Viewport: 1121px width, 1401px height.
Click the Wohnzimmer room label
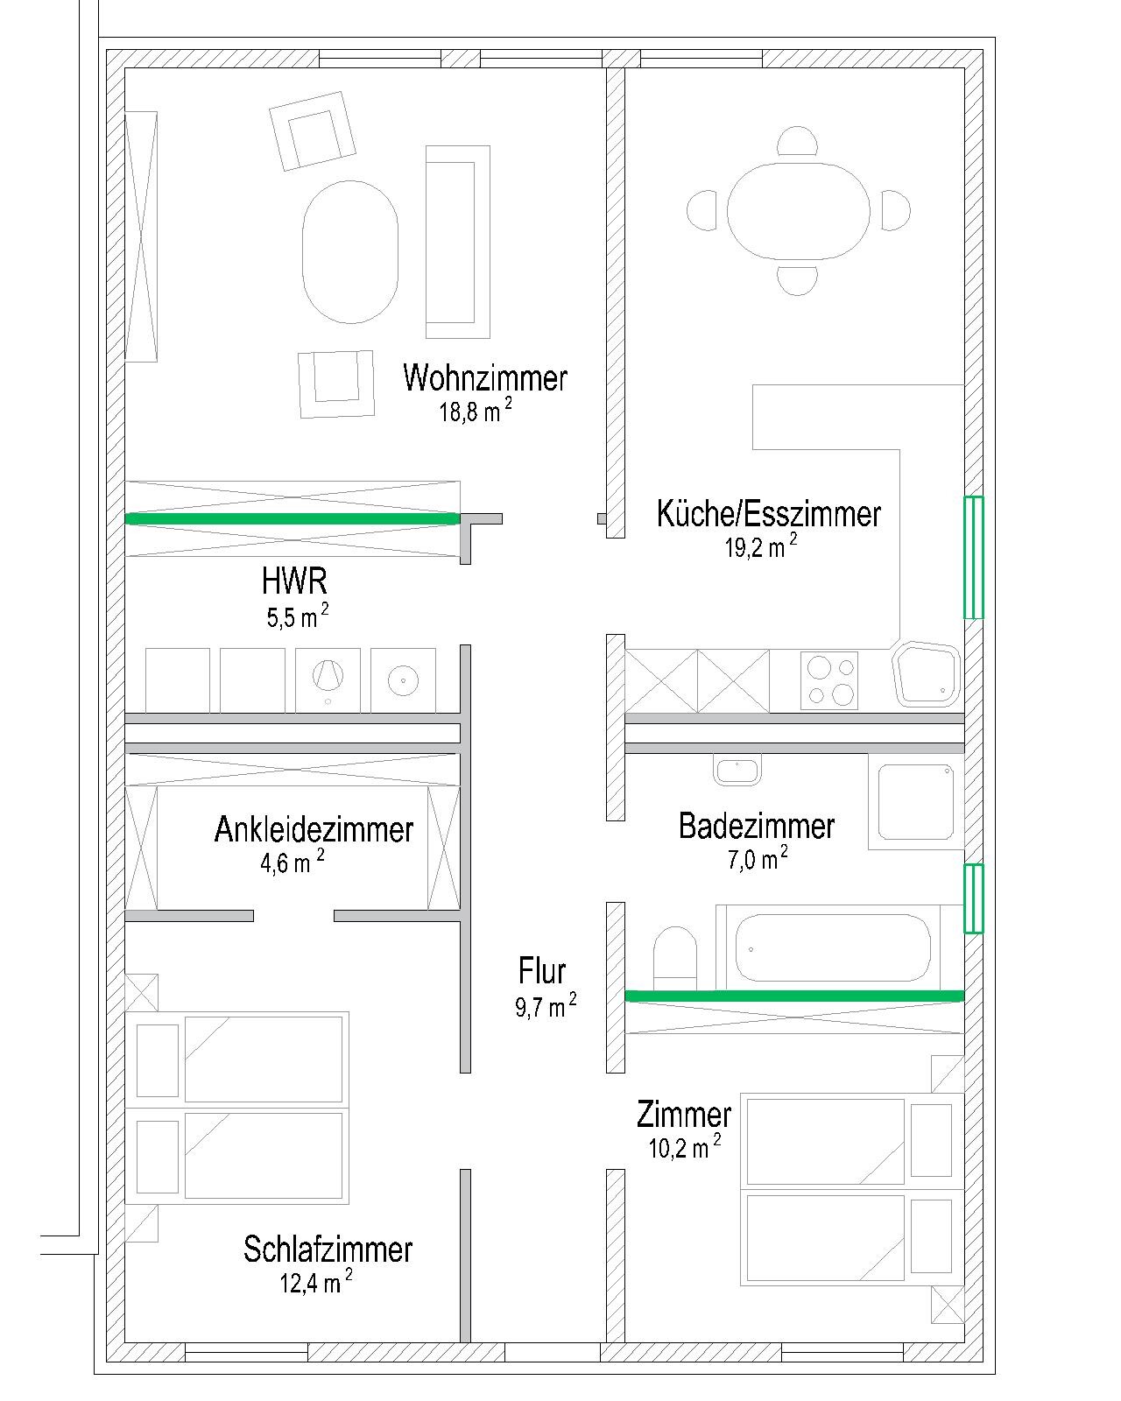pos(484,378)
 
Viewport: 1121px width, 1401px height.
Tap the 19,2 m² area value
pos(761,546)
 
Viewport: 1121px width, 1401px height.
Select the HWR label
pos(293,581)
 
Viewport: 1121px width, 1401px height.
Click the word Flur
pos(542,971)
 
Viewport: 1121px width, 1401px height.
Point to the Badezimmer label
pos(756,826)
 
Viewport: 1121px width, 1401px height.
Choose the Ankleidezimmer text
pos(314,829)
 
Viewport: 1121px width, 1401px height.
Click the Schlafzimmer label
pos(328,1250)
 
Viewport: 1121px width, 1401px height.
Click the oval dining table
pos(798,211)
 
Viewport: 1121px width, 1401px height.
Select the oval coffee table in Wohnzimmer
pos(349,252)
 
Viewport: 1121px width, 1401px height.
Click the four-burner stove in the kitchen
pos(828,681)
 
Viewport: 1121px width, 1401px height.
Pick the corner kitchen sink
pos(927,675)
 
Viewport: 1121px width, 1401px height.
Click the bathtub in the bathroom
pos(833,948)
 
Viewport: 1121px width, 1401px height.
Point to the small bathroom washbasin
pos(737,770)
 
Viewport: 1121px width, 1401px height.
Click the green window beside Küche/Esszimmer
pos(973,557)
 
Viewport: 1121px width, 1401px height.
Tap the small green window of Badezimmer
pos(973,898)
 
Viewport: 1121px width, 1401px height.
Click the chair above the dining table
pos(797,141)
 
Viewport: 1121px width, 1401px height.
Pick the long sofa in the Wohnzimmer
pos(457,243)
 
